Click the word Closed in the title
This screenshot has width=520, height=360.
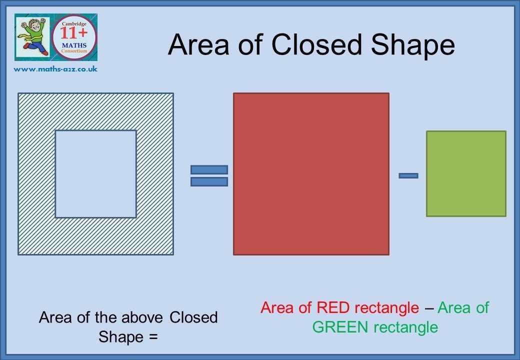(316, 45)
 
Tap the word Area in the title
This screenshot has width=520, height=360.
(198, 45)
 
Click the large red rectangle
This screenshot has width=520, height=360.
(311, 174)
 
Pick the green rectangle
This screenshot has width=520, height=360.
(466, 173)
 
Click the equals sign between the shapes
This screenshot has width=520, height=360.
(209, 175)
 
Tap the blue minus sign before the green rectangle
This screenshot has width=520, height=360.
(408, 175)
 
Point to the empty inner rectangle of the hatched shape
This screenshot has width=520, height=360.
(96, 174)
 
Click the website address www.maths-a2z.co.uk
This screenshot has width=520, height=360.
(55, 69)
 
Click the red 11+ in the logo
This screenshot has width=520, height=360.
(73, 33)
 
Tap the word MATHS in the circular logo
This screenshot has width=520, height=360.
(74, 45)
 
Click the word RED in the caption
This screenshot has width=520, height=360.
(332, 307)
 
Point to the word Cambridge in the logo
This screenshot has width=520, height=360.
(74, 24)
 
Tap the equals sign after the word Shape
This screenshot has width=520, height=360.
(153, 337)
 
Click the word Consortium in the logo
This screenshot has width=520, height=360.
(74, 51)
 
